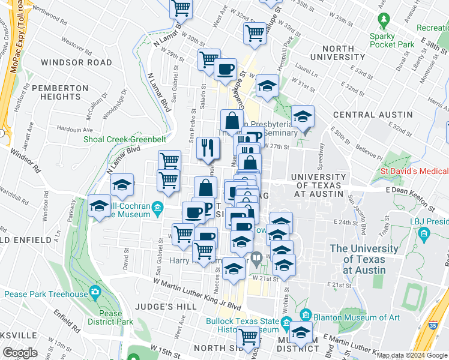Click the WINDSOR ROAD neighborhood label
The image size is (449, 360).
(76, 62)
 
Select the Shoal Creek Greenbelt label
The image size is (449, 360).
(125, 140)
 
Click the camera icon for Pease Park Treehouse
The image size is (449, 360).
(94, 292)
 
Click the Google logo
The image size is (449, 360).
(20, 353)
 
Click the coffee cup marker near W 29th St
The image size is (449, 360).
(226, 70)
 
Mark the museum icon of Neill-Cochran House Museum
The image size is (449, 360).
(158, 208)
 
